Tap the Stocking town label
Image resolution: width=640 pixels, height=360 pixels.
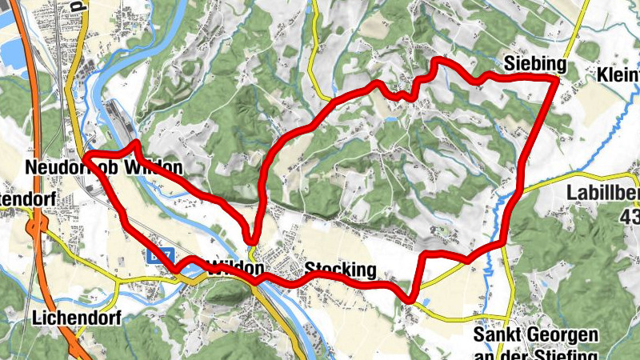(340, 270)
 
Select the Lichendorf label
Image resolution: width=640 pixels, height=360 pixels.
(77, 318)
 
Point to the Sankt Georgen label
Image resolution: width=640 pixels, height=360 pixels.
(535, 334)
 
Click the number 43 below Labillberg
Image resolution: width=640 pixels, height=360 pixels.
(630, 215)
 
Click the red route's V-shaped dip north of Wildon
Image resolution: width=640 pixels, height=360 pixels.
(253, 238)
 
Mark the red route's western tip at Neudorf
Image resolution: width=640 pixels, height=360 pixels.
(86, 154)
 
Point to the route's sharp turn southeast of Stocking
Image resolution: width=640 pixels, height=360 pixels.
(409, 298)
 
